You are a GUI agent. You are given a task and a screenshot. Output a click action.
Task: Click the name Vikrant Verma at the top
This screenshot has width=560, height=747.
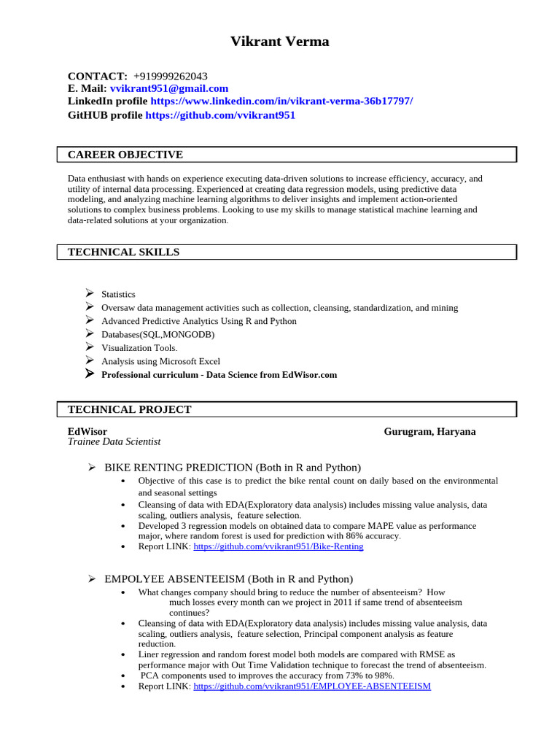279,42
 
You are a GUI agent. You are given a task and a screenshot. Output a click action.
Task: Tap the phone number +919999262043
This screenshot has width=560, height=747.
170,76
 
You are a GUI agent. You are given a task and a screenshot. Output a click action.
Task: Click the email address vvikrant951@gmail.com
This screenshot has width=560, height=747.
169,88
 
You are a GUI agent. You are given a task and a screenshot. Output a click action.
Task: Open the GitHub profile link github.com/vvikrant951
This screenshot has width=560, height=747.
220,115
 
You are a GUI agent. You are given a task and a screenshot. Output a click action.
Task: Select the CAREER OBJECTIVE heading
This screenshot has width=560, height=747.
125,155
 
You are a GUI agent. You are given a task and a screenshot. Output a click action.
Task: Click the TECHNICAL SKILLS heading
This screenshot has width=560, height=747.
123,252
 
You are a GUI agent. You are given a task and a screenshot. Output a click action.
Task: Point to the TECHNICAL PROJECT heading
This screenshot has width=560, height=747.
129,410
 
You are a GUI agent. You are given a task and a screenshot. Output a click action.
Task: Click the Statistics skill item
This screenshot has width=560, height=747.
118,294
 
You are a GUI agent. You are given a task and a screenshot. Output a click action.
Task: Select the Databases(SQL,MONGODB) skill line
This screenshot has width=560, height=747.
157,334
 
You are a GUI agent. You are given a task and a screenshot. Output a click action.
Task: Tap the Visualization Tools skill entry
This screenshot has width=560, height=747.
139,348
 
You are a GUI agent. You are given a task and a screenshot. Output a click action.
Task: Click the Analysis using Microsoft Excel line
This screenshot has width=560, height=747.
160,361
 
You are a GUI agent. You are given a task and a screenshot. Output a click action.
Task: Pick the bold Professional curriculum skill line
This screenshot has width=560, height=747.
219,375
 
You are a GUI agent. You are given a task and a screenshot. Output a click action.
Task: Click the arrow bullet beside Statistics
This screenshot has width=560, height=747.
89,293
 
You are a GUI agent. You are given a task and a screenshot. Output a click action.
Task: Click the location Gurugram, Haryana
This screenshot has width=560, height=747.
429,432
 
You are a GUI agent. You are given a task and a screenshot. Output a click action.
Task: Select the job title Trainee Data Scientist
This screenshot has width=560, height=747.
114,442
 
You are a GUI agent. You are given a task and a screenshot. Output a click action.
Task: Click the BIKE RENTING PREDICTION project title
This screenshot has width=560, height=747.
233,468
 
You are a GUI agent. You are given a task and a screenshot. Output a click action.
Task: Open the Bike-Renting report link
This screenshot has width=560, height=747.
278,546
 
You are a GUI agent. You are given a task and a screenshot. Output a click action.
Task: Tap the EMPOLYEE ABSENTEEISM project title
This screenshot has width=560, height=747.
228,579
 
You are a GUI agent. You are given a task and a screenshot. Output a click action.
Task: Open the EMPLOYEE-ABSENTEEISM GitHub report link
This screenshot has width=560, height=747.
312,686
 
